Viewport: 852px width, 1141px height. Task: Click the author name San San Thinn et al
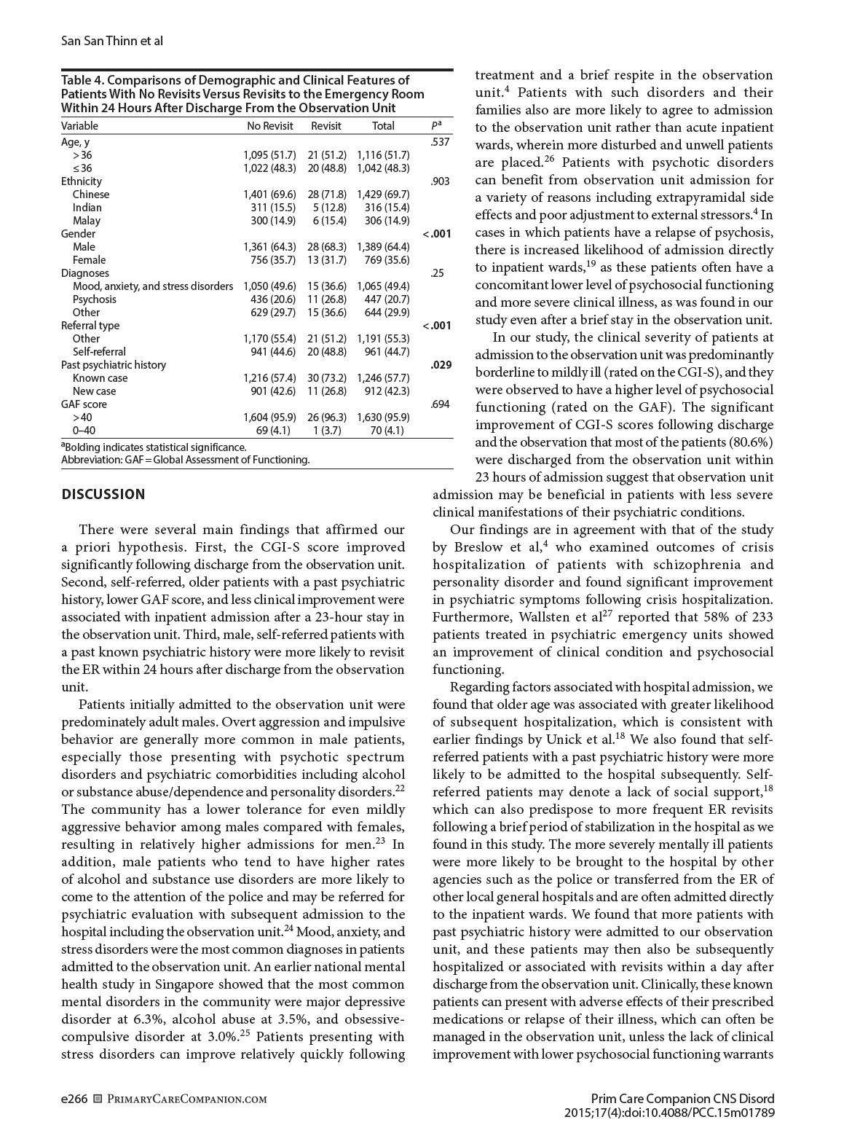[111, 41]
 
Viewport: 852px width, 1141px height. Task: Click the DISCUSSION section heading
[103, 495]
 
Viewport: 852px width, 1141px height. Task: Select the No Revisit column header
[269, 126]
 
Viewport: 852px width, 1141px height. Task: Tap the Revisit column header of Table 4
[326, 126]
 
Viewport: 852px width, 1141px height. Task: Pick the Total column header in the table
[383, 126]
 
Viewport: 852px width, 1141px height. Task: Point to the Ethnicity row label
[82, 181]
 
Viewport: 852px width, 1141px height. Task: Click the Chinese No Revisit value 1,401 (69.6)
[269, 195]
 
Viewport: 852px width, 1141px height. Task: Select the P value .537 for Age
[440, 142]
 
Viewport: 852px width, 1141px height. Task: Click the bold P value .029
[440, 365]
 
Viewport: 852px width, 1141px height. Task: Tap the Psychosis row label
[94, 299]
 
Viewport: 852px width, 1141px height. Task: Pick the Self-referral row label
[99, 352]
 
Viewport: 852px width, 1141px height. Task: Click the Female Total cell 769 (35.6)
[387, 260]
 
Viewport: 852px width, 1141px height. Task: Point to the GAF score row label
[84, 404]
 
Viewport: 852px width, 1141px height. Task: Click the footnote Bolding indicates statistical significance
[154, 447]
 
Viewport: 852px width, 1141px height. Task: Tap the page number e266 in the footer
[74, 1099]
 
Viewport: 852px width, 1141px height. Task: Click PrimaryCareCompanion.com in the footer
[186, 1099]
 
